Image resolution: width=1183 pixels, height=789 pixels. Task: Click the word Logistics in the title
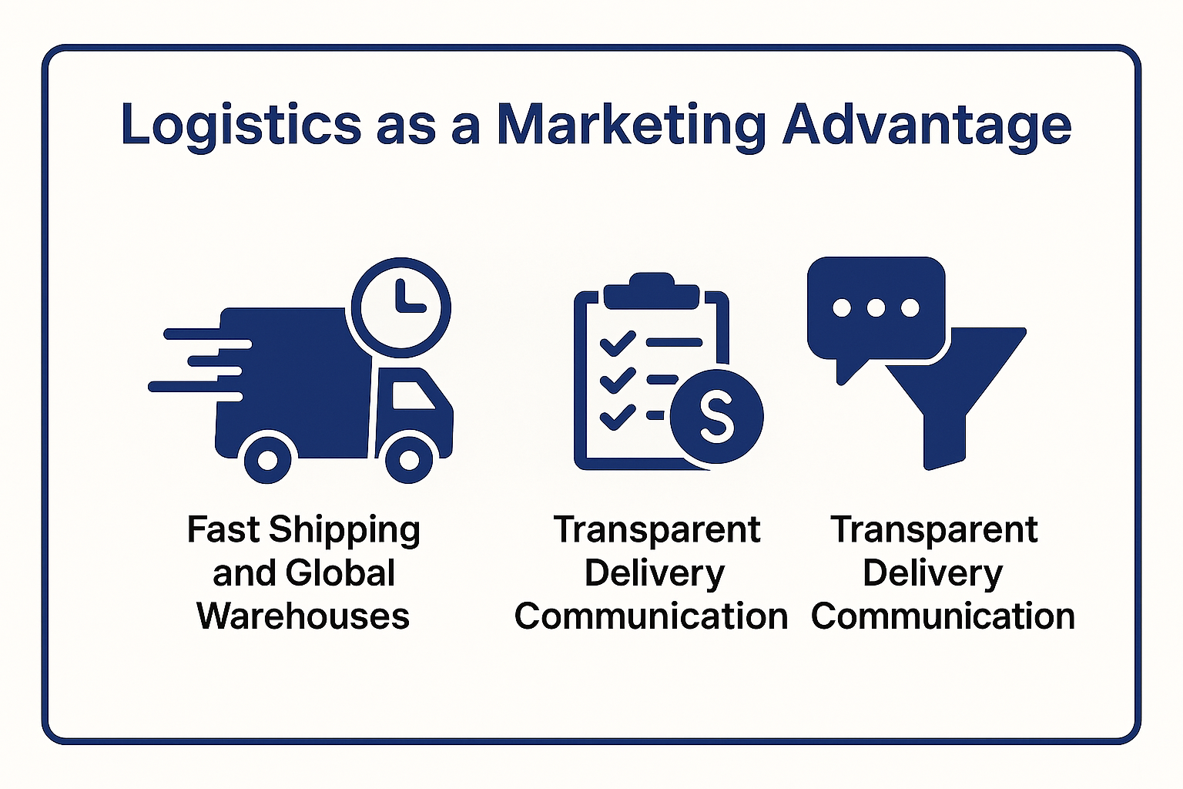[241, 125]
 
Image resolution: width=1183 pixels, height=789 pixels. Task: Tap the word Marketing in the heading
[631, 126]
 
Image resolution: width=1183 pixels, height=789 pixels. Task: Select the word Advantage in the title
[927, 126]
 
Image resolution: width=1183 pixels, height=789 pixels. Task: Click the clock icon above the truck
[400, 307]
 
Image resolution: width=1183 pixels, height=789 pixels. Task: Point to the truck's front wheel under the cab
[409, 460]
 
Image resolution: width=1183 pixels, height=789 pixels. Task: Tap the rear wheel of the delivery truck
[267, 460]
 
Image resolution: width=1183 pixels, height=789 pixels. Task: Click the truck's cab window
[413, 395]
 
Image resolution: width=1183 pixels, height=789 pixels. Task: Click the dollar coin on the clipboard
[717, 416]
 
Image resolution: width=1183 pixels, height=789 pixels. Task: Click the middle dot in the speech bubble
[876, 307]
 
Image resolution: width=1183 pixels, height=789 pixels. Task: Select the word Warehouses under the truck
[303, 616]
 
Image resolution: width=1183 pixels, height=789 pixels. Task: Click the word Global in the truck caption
[340, 572]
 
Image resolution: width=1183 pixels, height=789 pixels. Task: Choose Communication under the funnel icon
[943, 616]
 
